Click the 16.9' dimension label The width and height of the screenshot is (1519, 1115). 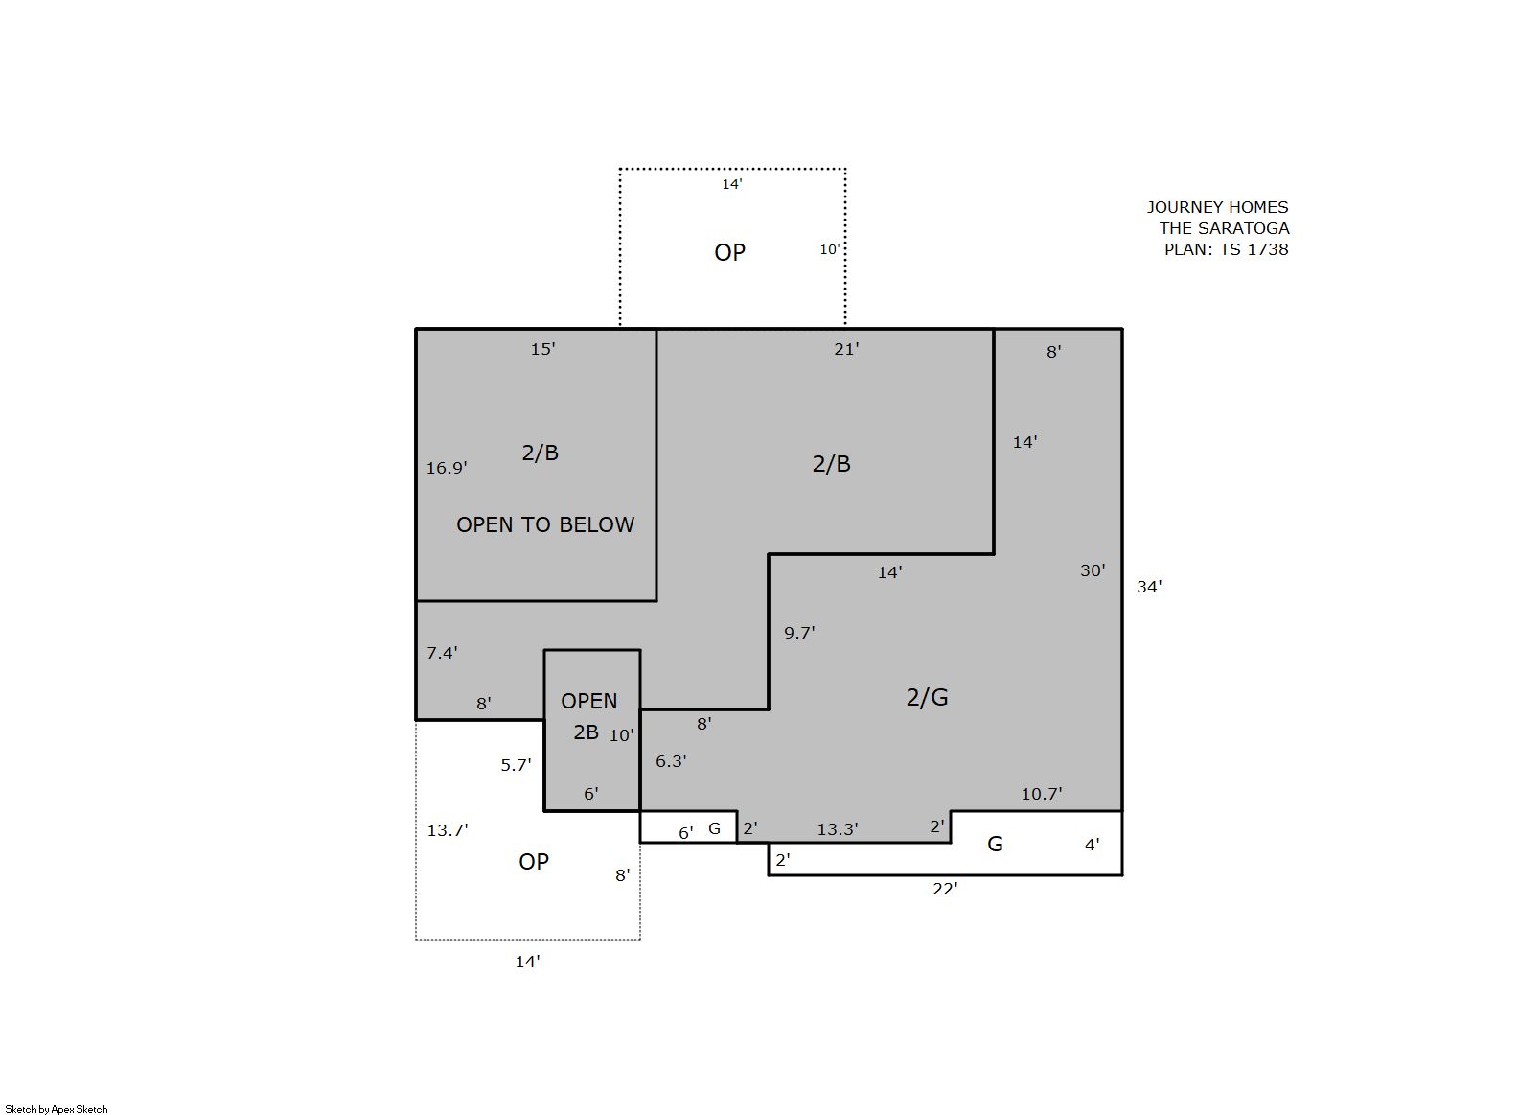pos(447,468)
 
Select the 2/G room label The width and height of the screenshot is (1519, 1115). pos(927,697)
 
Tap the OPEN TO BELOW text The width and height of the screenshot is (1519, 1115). pos(545,524)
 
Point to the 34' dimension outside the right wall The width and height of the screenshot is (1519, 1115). pos(1149,587)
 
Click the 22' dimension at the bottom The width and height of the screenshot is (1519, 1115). pos(945,889)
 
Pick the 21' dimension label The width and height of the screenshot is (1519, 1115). pos(846,349)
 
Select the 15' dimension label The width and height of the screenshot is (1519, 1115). pos(542,349)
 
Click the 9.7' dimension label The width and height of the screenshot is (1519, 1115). pos(799,633)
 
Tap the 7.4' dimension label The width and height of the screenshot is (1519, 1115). pos(442,653)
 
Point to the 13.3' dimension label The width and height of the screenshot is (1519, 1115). pos(838,829)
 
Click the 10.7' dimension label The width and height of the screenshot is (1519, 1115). pos(1042,794)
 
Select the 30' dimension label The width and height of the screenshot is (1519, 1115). pos(1093,571)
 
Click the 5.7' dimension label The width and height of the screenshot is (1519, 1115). pos(516,765)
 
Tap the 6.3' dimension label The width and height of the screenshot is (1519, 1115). pos(671,761)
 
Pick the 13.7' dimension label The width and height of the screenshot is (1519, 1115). pos(448,830)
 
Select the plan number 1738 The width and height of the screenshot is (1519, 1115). pos(1267,249)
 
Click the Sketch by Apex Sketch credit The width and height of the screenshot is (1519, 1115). pos(57,1109)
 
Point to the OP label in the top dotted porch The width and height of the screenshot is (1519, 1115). pos(729,252)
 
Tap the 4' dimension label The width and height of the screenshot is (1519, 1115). pos(1092,845)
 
